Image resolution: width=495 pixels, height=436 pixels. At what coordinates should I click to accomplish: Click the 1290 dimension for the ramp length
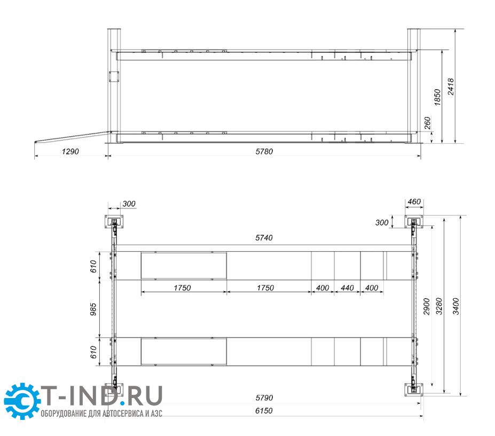coord(70,152)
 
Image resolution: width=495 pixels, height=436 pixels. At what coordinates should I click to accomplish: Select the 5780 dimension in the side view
coord(264,152)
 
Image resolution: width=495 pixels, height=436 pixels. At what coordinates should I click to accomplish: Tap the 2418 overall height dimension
coord(451,86)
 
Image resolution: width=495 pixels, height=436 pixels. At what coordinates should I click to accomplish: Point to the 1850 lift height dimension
coord(437,97)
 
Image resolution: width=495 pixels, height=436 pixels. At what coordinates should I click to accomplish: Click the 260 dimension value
coord(427,123)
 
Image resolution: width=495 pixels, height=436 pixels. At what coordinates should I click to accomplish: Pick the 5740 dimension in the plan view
coord(264,238)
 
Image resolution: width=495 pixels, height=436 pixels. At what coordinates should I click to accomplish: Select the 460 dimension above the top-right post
coord(414,201)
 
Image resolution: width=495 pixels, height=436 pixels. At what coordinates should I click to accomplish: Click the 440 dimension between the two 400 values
coord(347,288)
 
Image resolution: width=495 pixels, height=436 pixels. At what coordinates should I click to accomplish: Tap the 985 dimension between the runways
coord(93,309)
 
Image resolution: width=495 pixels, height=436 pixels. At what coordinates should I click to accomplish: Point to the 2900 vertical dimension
coord(427,306)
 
